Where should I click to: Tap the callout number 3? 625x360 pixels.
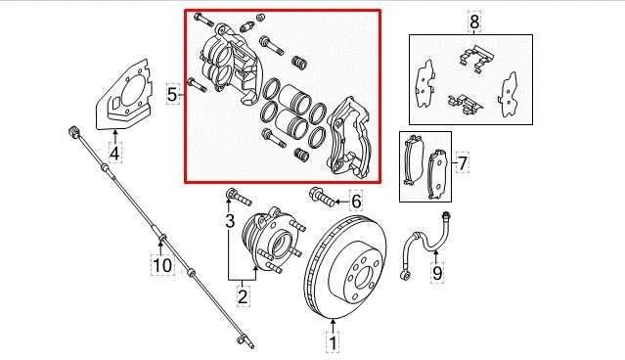(230, 222)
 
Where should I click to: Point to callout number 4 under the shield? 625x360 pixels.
(114, 152)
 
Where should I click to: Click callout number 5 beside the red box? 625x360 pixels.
(172, 95)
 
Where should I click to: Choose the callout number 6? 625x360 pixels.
(356, 202)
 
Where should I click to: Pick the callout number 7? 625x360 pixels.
(464, 161)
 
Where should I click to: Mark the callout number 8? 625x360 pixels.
(474, 21)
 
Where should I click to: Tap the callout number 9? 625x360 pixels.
(437, 272)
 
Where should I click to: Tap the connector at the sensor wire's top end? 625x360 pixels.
(73, 131)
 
